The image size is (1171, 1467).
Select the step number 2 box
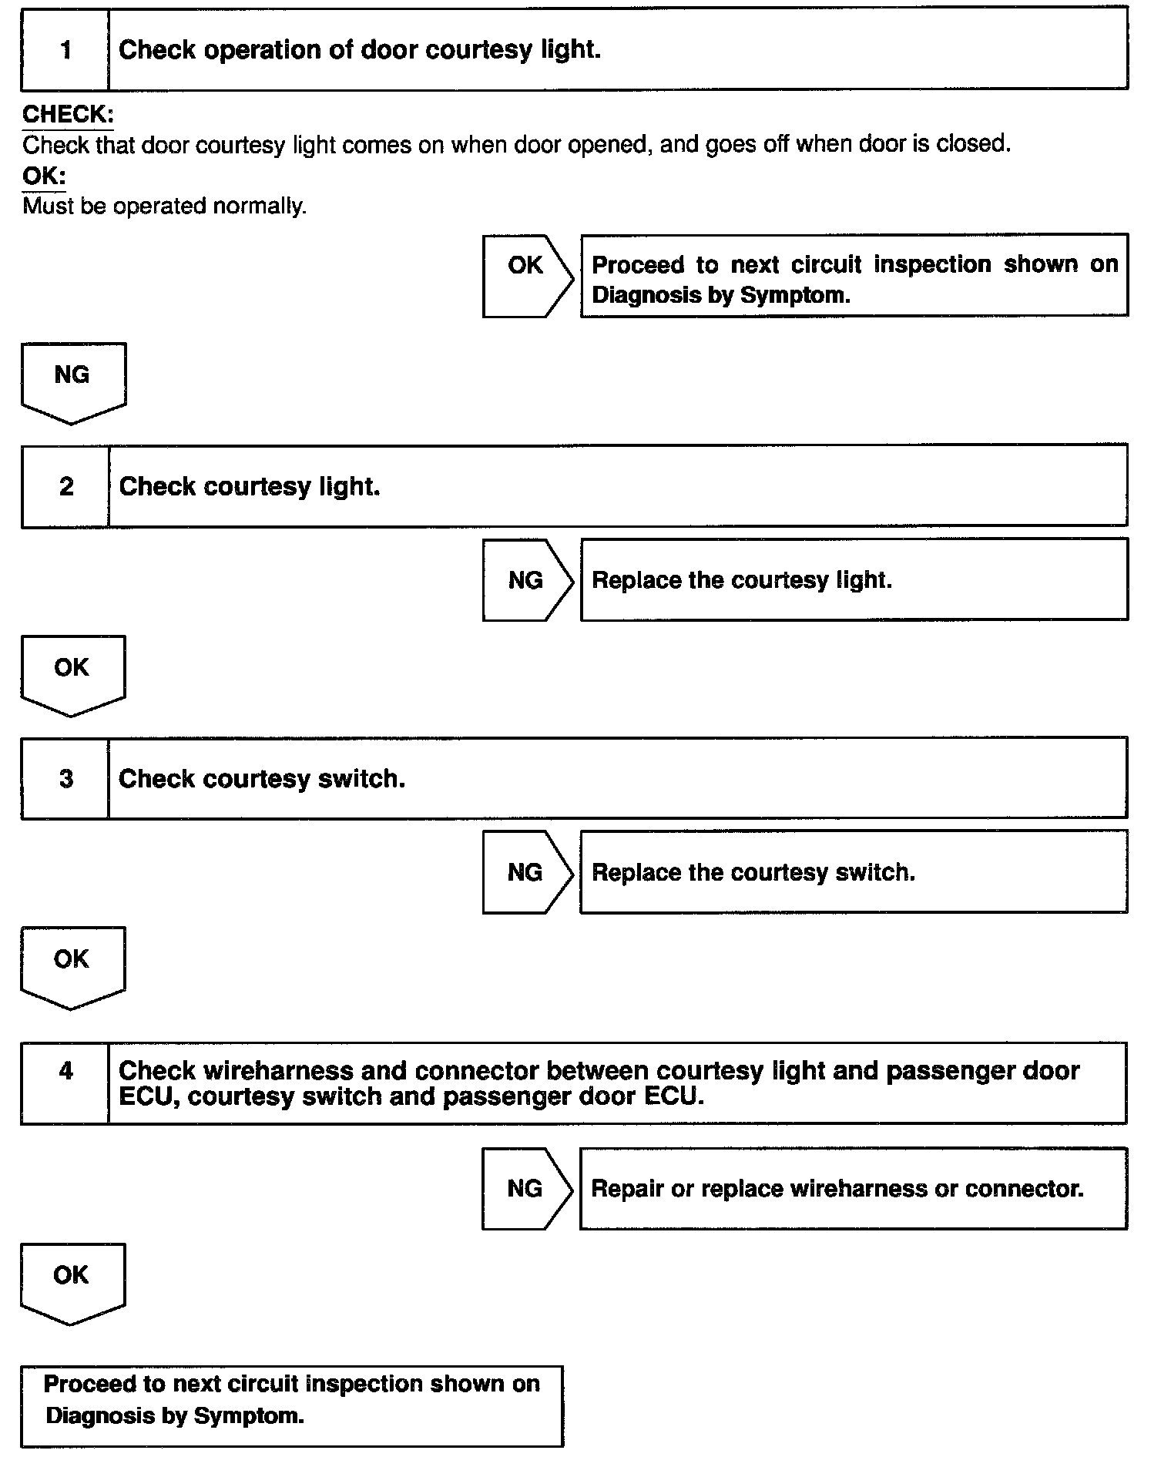point(65,486)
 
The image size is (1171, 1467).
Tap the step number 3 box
point(65,778)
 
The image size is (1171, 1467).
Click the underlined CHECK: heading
point(68,115)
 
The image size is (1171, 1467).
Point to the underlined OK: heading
point(44,176)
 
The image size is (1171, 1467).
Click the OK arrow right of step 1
point(527,275)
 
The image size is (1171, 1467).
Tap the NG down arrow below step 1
point(72,381)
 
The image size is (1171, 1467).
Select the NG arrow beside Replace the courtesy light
point(527,580)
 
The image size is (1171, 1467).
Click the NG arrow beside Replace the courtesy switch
point(527,872)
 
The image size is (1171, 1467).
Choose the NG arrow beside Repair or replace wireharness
point(527,1188)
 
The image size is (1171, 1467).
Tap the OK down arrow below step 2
point(72,673)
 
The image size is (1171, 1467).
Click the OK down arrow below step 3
point(72,965)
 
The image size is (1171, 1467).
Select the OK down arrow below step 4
point(72,1281)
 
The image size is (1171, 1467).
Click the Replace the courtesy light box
point(854,580)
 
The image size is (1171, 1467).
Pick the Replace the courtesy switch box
point(854,872)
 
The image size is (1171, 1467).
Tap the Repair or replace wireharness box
point(854,1188)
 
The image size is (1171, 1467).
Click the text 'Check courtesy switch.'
point(262,779)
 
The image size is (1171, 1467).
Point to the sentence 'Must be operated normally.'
point(164,206)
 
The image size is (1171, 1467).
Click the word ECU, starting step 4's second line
point(149,1097)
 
